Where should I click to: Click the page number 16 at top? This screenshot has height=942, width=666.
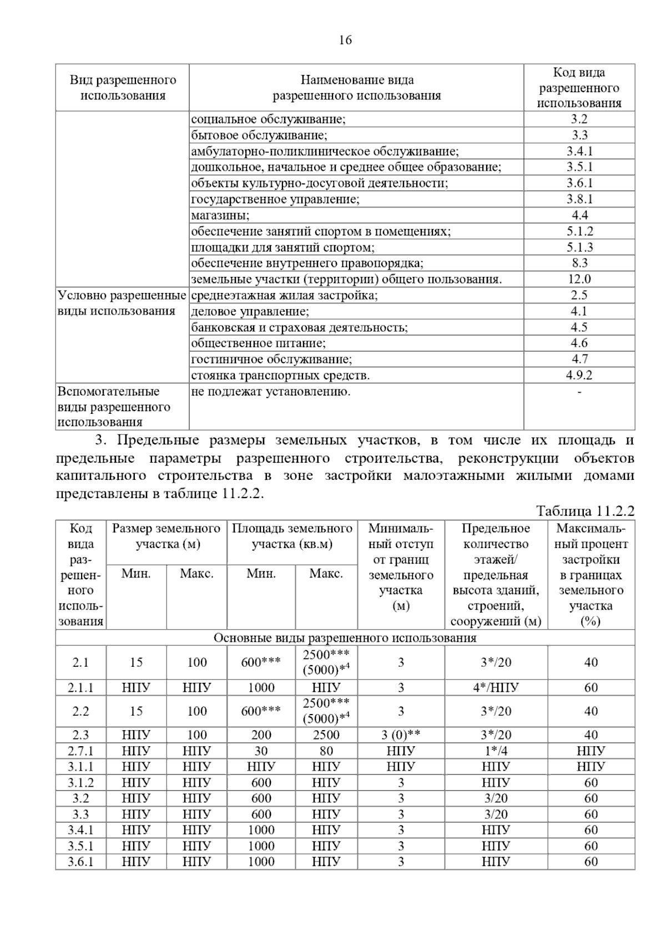345,40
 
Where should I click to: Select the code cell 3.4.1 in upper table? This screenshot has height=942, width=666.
579,151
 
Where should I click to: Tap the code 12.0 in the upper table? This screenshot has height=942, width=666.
579,279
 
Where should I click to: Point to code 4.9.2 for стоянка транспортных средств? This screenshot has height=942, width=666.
579,375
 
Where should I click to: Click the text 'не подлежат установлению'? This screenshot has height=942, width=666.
271,392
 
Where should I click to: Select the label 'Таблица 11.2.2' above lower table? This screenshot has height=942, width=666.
585,511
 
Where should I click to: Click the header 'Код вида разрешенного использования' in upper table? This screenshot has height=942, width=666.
579,88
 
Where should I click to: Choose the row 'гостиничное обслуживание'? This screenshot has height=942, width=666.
271,359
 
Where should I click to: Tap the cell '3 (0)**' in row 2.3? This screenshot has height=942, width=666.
401,735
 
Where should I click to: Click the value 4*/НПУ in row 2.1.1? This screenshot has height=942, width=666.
496,688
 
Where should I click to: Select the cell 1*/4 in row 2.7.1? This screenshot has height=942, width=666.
496,751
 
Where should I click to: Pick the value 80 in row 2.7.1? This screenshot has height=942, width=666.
326,751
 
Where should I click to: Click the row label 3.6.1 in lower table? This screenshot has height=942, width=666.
80,862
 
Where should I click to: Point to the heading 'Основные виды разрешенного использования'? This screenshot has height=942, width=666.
345,638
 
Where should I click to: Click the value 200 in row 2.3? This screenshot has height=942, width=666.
261,735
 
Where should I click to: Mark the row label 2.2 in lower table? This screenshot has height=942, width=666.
80,711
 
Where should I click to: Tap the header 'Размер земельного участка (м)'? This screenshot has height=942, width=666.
166,536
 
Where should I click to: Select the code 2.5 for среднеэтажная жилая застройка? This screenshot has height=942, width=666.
579,295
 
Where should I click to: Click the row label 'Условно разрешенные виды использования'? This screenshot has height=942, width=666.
122,303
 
